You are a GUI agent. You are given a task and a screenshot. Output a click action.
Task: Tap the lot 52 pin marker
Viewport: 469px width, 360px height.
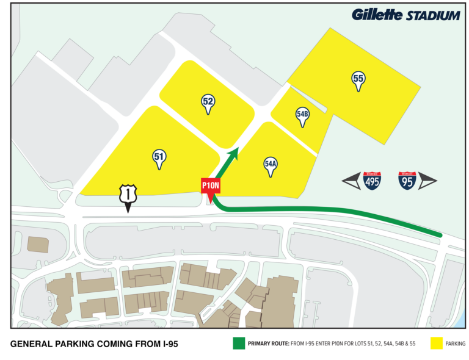(x=208, y=103)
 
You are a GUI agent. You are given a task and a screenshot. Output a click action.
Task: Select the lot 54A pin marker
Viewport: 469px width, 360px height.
(x=271, y=165)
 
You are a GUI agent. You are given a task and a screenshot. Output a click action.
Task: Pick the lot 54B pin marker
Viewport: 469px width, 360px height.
(x=302, y=115)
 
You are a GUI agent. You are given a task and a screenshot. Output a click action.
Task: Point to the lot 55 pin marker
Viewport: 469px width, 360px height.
(x=358, y=79)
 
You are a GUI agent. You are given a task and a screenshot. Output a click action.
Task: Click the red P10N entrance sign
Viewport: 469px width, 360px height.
(x=210, y=186)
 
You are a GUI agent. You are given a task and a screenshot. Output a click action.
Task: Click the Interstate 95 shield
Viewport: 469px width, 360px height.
(x=407, y=180)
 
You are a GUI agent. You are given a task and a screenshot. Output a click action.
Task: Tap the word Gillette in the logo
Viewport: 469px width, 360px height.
(x=377, y=15)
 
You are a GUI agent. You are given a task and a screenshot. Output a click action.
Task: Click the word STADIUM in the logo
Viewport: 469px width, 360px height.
(x=433, y=16)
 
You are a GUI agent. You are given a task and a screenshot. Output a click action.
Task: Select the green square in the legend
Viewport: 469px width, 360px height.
(x=238, y=344)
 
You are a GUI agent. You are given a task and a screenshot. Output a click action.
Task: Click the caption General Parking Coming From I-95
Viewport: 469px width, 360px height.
(x=95, y=344)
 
